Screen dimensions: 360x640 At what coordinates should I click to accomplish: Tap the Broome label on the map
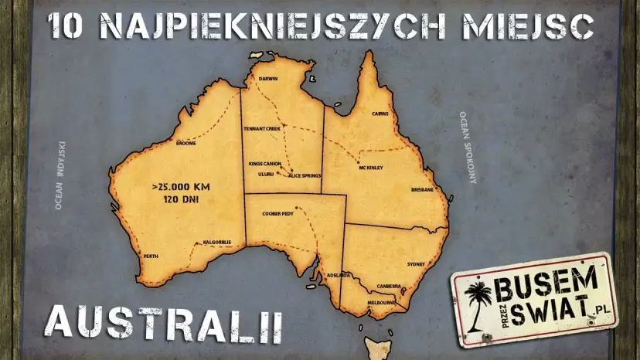[x=186, y=143]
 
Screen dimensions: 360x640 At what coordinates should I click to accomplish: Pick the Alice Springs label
[x=304, y=176]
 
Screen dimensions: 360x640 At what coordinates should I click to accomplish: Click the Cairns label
[x=380, y=114]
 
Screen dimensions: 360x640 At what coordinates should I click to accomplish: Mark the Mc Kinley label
[x=371, y=168]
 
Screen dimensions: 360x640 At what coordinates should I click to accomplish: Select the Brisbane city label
[x=422, y=189]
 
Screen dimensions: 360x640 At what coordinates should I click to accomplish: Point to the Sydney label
[x=416, y=264]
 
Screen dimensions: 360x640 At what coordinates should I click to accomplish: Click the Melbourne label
[x=381, y=302]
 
